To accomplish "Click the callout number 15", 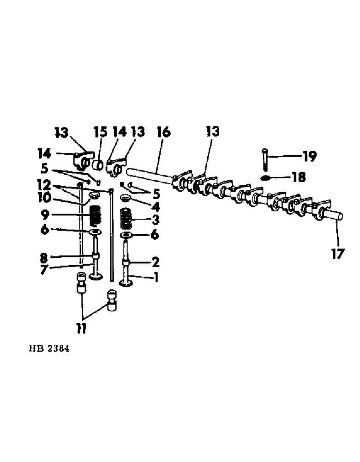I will pyautogui.click(x=101, y=132).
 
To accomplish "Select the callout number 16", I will pyautogui.click(x=162, y=133).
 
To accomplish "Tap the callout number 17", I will pyautogui.click(x=338, y=254).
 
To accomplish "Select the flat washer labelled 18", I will pyautogui.click(x=266, y=178).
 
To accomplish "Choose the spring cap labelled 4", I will pyautogui.click(x=126, y=198).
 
